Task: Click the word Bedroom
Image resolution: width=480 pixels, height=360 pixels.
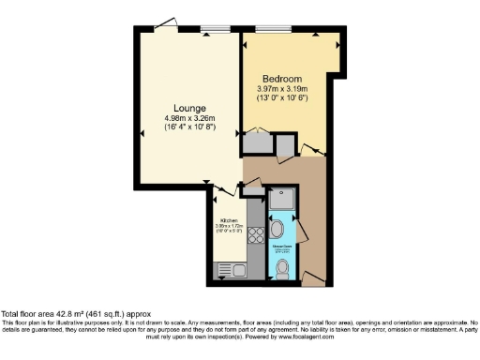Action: tap(281, 78)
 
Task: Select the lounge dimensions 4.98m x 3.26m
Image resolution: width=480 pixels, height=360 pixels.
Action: tap(190, 118)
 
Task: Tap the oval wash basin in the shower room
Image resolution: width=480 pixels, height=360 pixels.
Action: tap(278, 231)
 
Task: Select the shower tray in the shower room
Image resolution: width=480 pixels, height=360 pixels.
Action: tap(280, 201)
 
